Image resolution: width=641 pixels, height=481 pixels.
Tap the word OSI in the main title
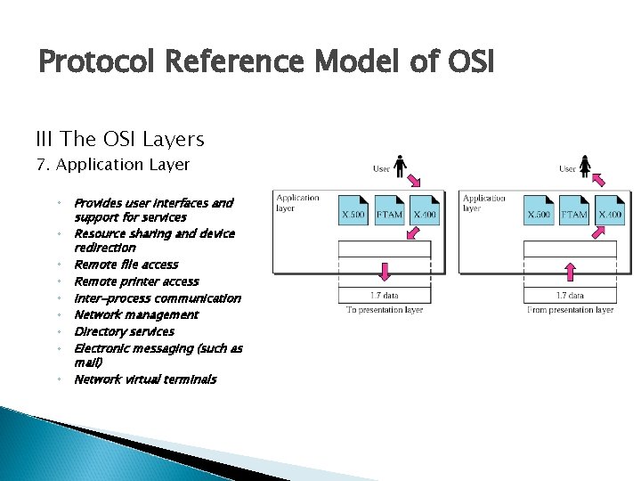[x=462, y=62]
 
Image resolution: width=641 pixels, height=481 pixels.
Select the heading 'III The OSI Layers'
[x=120, y=139]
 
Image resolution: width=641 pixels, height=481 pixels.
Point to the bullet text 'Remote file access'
[x=126, y=265]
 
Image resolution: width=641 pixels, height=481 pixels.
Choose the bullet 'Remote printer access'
[x=136, y=281]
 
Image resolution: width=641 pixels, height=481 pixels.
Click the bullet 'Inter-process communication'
[x=157, y=298]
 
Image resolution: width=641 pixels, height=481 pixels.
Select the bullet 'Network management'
[x=136, y=314]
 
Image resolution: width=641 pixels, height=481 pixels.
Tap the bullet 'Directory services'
[x=124, y=331]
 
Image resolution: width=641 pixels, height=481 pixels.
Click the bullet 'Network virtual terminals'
[x=144, y=379]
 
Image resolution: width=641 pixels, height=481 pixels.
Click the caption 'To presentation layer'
[x=385, y=310]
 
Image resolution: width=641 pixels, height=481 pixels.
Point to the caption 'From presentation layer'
[x=571, y=310]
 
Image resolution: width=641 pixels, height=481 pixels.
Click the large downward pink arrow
[x=385, y=271]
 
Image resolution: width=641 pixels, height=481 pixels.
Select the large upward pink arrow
[x=570, y=271]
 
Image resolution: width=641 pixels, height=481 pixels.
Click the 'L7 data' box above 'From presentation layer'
[x=570, y=295]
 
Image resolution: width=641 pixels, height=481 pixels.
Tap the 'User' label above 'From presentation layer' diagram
[x=567, y=168]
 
